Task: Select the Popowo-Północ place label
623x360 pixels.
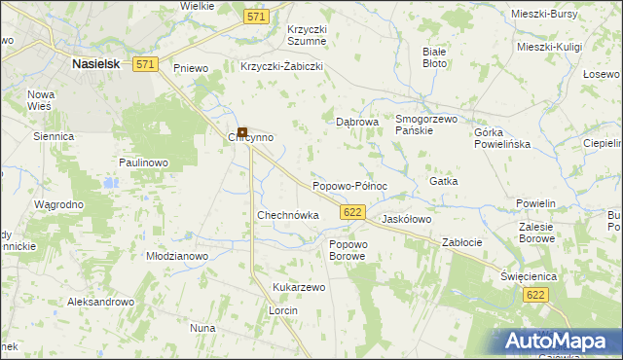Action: click(349, 186)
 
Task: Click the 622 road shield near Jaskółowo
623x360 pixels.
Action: click(353, 211)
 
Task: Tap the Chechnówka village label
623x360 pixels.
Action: click(287, 215)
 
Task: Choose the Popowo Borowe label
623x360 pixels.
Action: click(348, 250)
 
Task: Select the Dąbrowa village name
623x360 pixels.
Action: click(356, 123)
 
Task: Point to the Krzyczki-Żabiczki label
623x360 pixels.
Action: click(281, 67)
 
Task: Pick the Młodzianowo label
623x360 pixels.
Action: click(177, 256)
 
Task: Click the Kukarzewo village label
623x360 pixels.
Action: click(299, 288)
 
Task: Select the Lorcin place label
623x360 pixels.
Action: click(283, 310)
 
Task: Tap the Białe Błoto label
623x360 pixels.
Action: click(434, 56)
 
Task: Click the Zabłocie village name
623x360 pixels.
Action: click(463, 241)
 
